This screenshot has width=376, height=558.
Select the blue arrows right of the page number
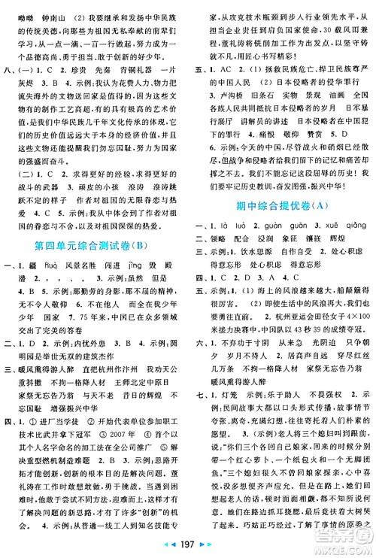point(208,544)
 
